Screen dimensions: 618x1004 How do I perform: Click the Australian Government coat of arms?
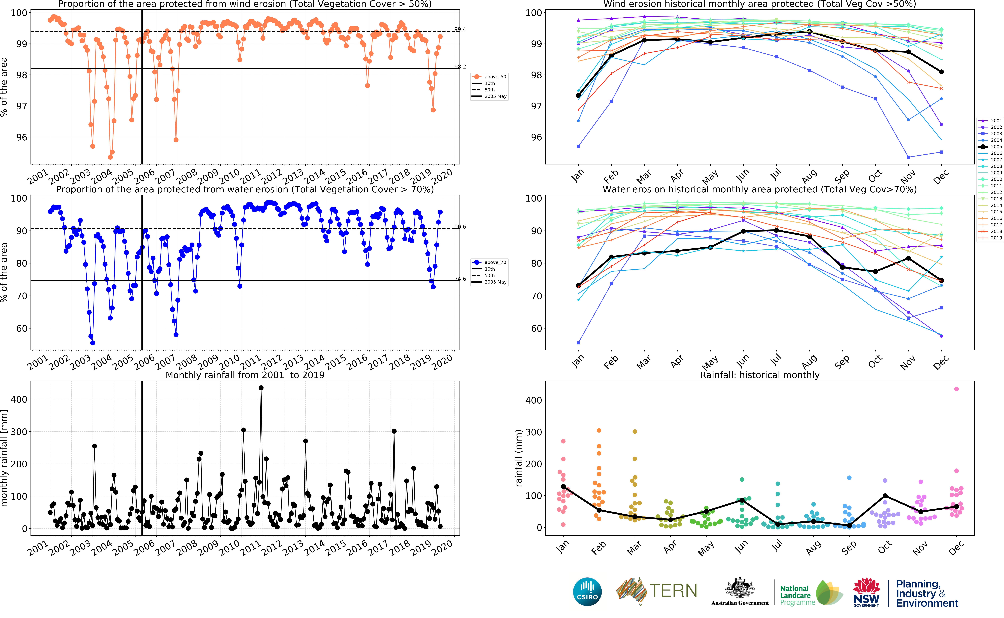pos(740,589)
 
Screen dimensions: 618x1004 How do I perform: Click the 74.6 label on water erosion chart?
pos(460,279)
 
